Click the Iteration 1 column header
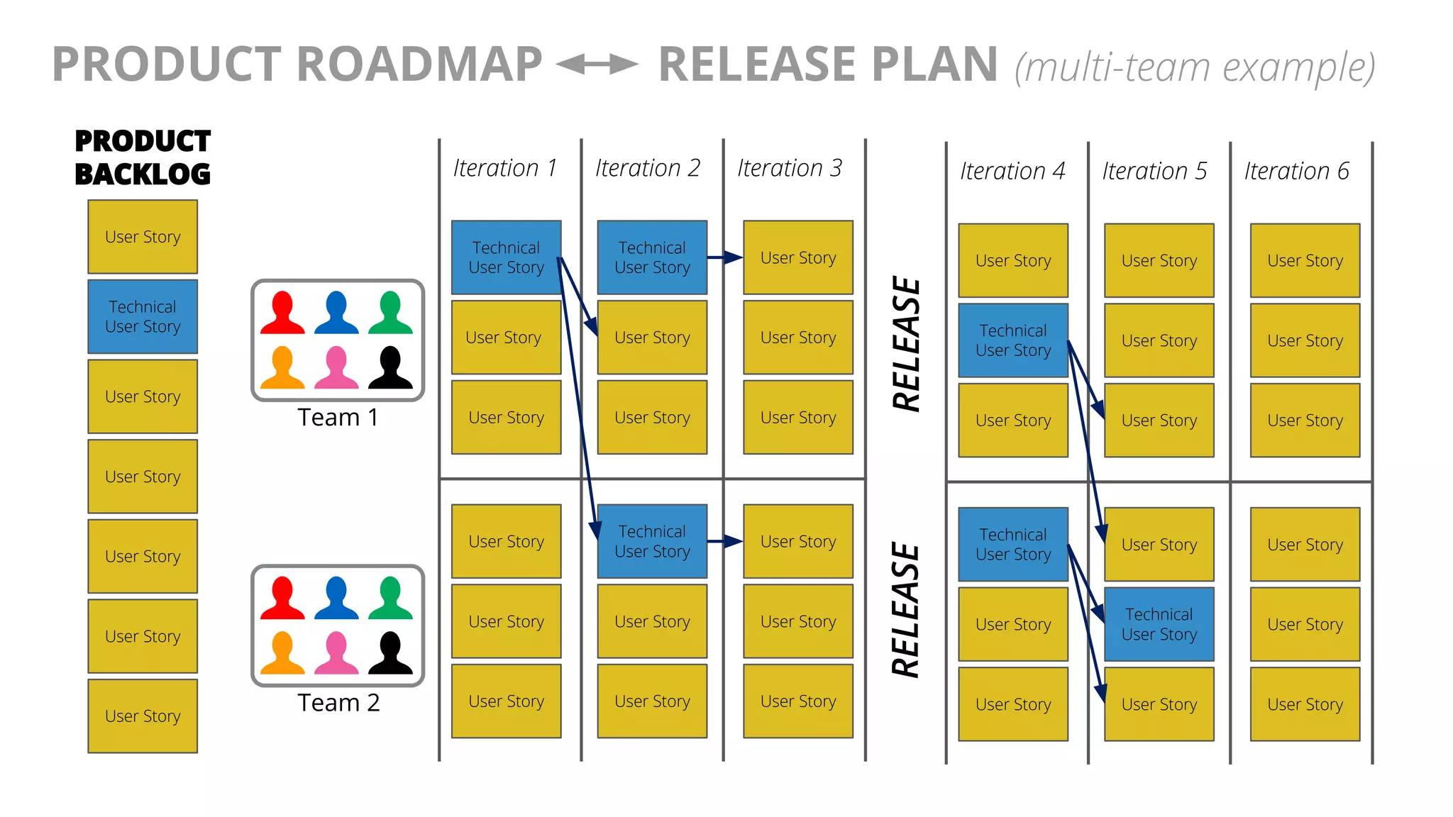click(x=505, y=168)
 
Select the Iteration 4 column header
click(x=1012, y=171)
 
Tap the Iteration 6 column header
click(x=1296, y=171)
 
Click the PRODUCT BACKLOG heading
click(x=143, y=157)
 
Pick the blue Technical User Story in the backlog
click(x=143, y=316)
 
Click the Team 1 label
click(x=338, y=417)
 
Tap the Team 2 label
click(x=338, y=702)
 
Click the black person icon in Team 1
click(x=390, y=367)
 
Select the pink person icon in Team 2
click(x=336, y=652)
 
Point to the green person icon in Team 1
click(x=390, y=312)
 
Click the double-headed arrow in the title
click(x=597, y=65)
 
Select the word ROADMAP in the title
click(x=419, y=65)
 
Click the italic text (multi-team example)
click(x=1195, y=67)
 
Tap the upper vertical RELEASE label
click(x=906, y=344)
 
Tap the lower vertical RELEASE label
click(x=906, y=610)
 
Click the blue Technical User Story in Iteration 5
click(x=1159, y=624)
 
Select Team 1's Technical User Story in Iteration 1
click(x=506, y=257)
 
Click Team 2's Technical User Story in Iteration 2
click(x=652, y=541)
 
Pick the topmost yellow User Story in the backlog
click(x=143, y=236)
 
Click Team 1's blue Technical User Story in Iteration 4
click(x=1012, y=340)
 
